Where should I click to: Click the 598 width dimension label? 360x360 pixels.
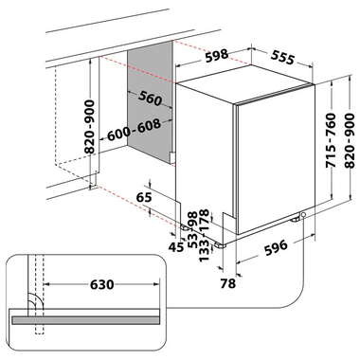[216, 56]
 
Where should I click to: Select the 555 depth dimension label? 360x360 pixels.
[283, 58]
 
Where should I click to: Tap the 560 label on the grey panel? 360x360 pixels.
[151, 99]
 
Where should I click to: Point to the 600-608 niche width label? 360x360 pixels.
[134, 130]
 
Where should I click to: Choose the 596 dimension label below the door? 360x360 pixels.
[276, 248]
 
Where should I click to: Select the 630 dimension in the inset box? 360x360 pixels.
[101, 284]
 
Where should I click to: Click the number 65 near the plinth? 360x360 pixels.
[144, 197]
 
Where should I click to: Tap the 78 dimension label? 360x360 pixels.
[228, 283]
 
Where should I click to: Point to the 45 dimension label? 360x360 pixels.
[176, 247]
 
